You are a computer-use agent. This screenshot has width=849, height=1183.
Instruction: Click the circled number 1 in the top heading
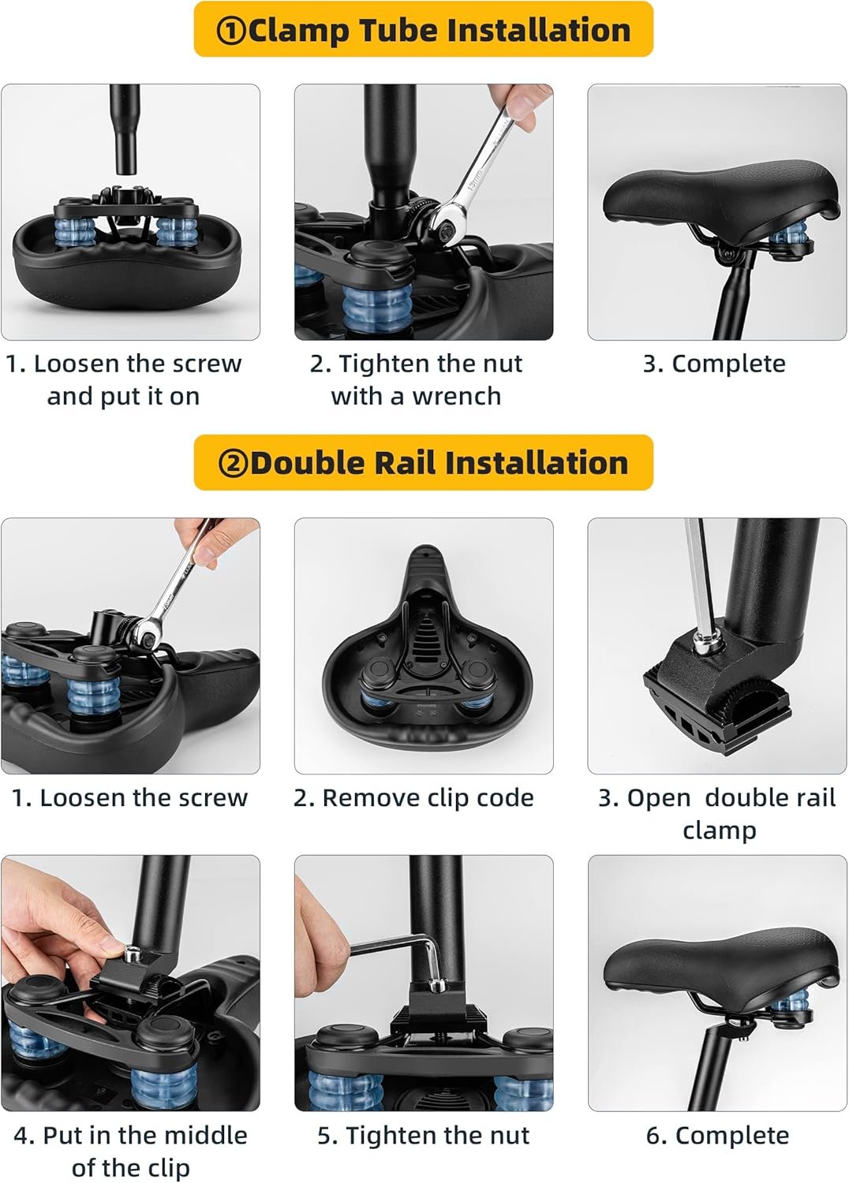pos(231,30)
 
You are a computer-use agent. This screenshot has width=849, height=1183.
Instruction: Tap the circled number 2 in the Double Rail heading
pos(233,463)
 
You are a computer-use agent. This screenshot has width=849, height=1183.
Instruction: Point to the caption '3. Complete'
pos(714,364)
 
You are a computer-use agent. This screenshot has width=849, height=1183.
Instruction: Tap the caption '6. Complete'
pos(717,1136)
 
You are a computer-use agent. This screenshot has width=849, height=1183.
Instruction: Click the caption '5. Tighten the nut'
pos(423,1136)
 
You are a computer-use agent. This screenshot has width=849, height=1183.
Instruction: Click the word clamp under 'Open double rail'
pos(719,830)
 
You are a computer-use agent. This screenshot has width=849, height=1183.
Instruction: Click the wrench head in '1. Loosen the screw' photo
pos(146,634)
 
